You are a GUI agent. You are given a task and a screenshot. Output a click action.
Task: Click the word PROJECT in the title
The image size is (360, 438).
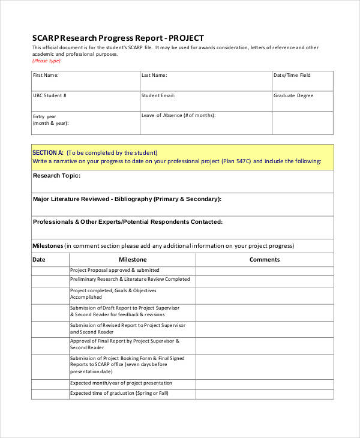coord(187,37)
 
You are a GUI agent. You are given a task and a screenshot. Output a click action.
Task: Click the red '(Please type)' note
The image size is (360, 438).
coord(46,61)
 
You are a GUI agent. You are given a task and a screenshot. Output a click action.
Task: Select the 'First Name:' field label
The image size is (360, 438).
coord(46,76)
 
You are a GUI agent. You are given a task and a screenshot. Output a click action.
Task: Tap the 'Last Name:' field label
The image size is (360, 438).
coord(154,76)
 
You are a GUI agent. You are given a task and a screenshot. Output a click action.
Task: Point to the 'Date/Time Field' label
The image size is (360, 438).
coord(292,76)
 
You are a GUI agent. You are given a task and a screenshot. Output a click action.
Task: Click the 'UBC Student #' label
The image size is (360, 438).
coord(50,95)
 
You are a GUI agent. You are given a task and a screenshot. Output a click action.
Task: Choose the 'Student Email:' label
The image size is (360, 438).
coord(158,95)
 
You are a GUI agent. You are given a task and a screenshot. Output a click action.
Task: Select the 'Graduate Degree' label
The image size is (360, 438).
coord(293,95)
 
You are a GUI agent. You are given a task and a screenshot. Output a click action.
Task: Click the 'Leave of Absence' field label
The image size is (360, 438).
coord(178,115)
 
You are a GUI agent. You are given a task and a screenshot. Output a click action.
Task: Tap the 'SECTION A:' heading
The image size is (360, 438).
coord(47,152)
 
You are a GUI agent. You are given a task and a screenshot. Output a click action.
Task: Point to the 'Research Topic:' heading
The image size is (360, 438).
coord(56,176)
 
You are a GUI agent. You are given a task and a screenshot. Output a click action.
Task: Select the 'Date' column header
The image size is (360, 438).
coord(38,260)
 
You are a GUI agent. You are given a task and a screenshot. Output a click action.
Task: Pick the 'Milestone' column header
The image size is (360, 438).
coord(133,260)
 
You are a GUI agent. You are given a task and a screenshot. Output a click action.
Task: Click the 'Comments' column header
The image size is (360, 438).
coord(265,260)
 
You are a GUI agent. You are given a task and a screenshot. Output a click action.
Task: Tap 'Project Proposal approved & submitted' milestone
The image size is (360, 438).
coord(115,270)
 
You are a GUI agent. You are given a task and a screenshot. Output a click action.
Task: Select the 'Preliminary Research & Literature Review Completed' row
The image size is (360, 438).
coord(130,279)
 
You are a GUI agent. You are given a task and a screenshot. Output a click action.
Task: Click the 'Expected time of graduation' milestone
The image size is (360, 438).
coord(119,393)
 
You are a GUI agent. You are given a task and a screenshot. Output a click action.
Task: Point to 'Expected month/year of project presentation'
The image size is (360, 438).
coord(121,383)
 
